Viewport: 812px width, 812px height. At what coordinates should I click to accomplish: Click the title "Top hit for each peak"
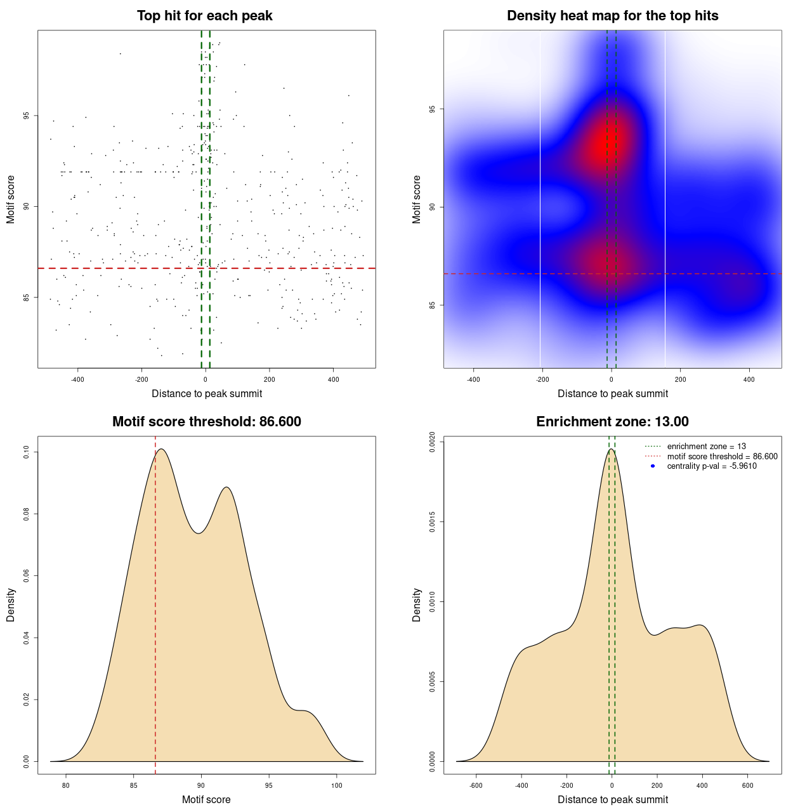point(204,16)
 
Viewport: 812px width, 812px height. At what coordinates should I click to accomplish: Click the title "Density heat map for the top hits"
point(612,16)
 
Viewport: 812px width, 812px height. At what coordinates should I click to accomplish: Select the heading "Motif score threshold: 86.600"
point(206,422)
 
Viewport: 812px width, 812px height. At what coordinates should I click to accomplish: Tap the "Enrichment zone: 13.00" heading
point(612,422)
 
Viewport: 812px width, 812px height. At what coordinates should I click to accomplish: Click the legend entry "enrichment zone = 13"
point(706,447)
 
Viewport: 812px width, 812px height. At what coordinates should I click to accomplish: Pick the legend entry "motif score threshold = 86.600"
point(722,457)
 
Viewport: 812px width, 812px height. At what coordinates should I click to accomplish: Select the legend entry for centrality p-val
point(712,466)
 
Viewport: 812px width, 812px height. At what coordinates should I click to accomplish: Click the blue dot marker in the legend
point(653,466)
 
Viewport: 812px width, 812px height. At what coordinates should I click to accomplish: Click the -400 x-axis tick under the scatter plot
point(77,380)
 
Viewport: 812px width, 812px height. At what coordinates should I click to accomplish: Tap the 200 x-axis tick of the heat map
point(680,380)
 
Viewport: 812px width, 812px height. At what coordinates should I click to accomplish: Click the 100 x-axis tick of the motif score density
point(337,785)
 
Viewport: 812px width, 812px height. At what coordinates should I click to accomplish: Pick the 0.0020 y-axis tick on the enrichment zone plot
point(433,442)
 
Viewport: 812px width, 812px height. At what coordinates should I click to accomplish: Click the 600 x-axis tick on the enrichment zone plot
point(748,785)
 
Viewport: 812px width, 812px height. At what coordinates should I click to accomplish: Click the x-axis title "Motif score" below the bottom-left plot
point(206,800)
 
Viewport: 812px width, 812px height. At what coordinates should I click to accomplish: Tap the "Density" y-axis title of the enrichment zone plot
point(417,605)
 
